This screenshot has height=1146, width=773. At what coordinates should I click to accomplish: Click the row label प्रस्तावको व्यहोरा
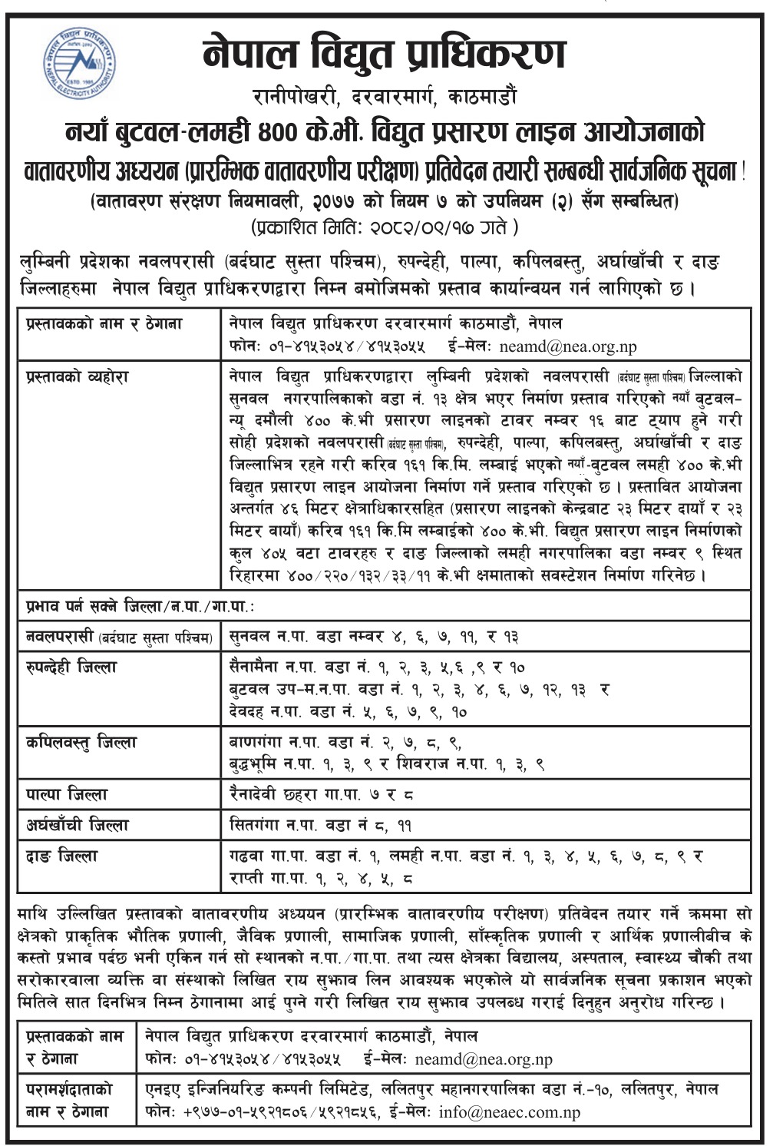[78, 377]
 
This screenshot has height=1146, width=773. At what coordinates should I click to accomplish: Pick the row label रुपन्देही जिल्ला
[71, 667]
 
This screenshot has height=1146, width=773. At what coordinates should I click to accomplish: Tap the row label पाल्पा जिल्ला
[67, 794]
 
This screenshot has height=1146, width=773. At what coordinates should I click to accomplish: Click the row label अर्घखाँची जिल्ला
[78, 825]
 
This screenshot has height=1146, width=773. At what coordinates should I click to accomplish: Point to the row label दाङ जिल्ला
[62, 856]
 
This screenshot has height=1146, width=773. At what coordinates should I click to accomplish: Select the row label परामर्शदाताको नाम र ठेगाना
[70, 1100]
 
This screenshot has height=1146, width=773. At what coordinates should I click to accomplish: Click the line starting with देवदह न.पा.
[349, 711]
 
